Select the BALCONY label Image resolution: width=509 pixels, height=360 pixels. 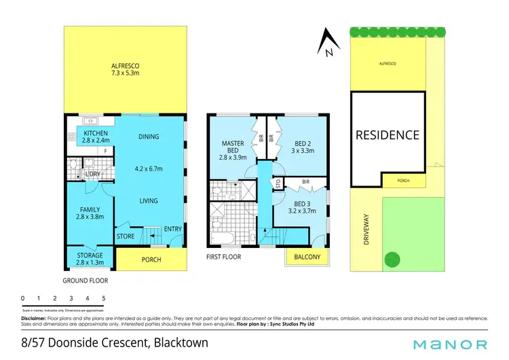tap(307, 257)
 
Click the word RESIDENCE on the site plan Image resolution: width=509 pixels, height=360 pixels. tap(388, 135)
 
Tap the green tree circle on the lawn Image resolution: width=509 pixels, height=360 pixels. tap(392, 259)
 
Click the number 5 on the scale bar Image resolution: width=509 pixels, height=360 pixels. tap(104, 298)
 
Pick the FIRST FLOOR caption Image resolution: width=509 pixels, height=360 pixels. tap(225, 257)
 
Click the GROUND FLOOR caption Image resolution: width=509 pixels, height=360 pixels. tap(86, 280)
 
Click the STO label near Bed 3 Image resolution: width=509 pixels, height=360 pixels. tap(277, 183)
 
